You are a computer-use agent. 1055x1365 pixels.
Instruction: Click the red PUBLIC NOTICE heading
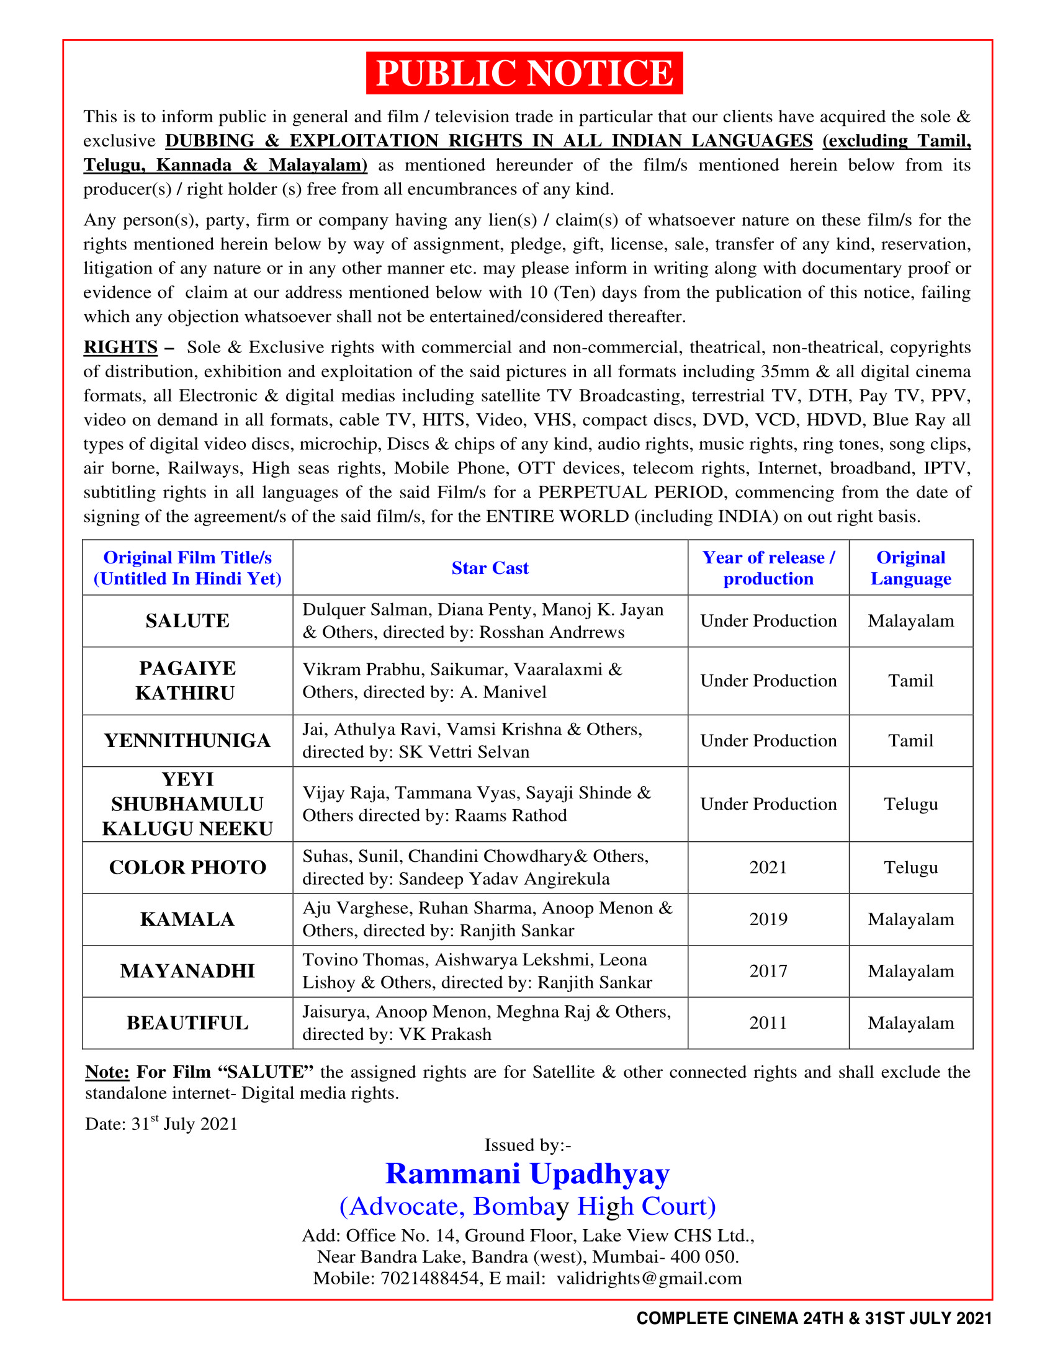coord(524,73)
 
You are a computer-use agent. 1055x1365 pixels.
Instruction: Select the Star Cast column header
coord(490,568)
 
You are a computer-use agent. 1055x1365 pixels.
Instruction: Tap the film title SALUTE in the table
coord(187,620)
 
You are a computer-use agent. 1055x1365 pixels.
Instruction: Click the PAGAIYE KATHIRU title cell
coord(187,681)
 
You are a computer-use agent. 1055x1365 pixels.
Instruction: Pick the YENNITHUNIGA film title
coord(187,741)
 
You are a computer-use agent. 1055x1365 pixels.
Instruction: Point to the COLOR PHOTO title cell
coord(187,867)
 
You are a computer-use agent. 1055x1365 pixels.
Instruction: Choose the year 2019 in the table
coord(768,920)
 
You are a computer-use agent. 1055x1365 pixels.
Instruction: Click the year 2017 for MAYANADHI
coord(768,971)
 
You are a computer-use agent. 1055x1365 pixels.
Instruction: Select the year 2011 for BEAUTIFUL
coord(768,1023)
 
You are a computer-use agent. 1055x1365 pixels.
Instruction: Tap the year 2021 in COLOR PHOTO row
coord(768,867)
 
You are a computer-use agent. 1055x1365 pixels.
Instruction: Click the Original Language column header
coord(910,568)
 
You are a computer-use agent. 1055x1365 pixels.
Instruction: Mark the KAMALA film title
coord(187,920)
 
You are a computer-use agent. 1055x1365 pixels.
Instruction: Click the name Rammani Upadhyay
coord(527,1174)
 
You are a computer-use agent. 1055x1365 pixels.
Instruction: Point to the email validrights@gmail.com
coord(649,1278)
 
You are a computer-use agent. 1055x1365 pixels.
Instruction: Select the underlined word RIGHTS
coord(120,347)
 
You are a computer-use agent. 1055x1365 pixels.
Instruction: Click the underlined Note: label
coord(107,1072)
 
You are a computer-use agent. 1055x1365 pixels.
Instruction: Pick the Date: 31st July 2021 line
coord(161,1124)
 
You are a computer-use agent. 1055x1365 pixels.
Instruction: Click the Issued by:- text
coord(527,1144)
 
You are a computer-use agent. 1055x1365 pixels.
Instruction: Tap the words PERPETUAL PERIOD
coord(631,492)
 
